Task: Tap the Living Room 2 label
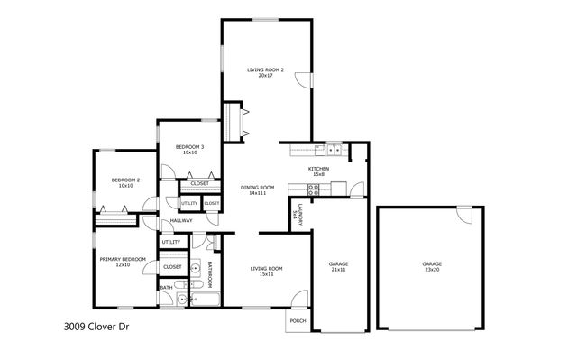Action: tap(266, 72)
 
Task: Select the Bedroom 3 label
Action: tap(189, 150)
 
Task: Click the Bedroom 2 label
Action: tap(125, 183)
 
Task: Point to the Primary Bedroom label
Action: tap(122, 262)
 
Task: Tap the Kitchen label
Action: tap(319, 171)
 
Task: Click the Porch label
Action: tap(297, 322)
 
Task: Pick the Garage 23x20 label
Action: tap(432, 267)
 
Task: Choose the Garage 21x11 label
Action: tap(338, 267)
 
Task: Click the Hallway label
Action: tap(182, 220)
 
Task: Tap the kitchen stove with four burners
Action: tap(314, 189)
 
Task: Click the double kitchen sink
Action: tap(332, 150)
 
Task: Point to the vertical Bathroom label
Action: tap(209, 273)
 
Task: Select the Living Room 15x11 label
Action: tap(266, 271)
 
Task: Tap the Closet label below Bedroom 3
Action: tap(200, 183)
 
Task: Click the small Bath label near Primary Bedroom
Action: tap(166, 288)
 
